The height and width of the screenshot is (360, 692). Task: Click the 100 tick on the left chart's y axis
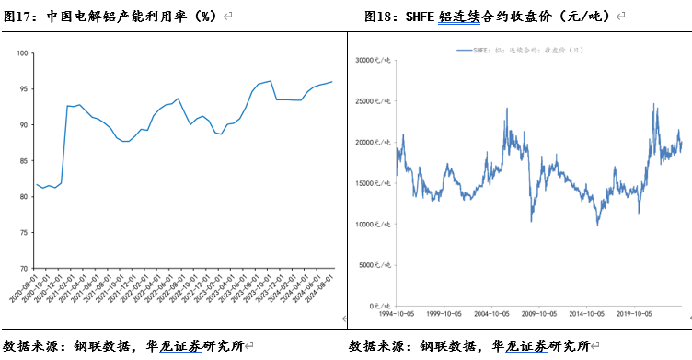[x=21, y=52]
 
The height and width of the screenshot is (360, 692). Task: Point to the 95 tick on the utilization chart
[x=23, y=88]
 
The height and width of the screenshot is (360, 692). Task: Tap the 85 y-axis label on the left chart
[x=23, y=160]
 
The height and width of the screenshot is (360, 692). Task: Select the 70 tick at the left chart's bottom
[x=23, y=269]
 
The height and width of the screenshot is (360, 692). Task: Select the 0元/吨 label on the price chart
[x=381, y=306]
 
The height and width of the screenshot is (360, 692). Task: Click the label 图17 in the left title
[x=20, y=17]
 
